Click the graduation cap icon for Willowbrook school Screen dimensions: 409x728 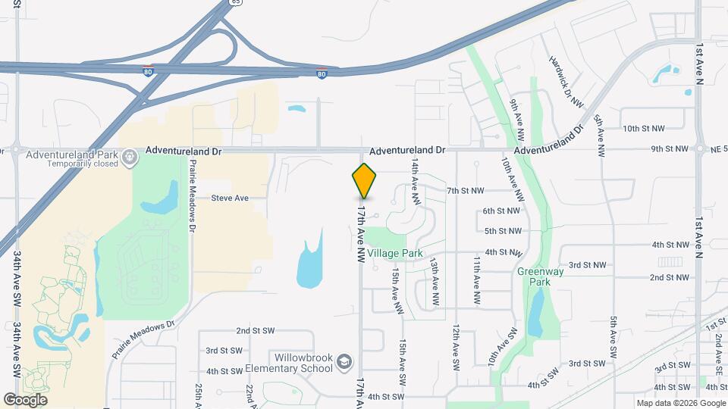click(344, 363)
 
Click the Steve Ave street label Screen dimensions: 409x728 click(230, 198)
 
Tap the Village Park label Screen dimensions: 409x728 click(394, 253)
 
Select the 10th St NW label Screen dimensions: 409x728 click(644, 129)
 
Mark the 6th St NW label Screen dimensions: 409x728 click(501, 211)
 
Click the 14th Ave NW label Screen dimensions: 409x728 click(416, 182)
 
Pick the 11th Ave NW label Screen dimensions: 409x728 click(477, 279)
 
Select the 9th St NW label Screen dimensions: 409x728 click(670, 149)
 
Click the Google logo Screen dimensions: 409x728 click(25, 400)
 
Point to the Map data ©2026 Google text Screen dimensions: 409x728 click(681, 403)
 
